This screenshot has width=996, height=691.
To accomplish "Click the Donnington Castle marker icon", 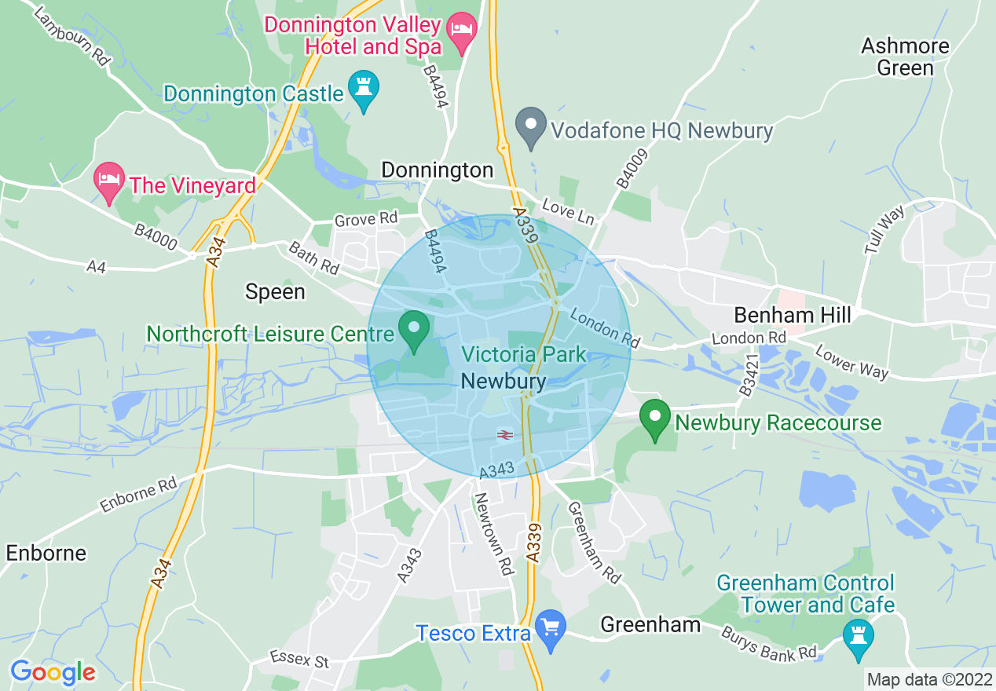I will [363, 87].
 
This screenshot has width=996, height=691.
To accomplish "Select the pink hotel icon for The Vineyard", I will [109, 180].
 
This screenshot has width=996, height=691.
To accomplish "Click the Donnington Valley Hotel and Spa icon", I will [462, 31].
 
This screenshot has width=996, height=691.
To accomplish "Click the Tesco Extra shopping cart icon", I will [551, 627].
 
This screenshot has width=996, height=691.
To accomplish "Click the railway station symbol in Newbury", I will [504, 434].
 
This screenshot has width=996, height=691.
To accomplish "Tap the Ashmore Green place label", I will [905, 57].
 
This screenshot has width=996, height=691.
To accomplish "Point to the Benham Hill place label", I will [792, 316].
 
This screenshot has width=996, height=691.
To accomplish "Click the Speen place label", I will [275, 292].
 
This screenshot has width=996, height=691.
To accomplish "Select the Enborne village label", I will [46, 553].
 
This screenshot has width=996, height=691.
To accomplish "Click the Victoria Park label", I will [524, 355].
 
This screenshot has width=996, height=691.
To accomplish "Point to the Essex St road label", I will [299, 659].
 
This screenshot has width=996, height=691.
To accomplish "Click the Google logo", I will [52, 672].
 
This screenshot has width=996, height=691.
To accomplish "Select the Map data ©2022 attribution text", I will [928, 679].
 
